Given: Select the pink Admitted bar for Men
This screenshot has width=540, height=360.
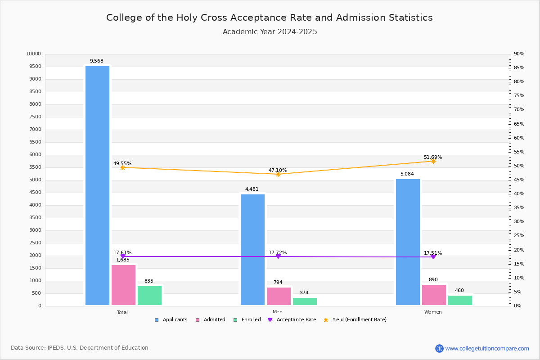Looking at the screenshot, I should tap(279, 296).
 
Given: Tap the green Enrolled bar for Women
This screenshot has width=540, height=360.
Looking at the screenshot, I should tap(460, 300).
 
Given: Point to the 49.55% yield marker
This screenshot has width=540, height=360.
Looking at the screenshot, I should tap(123, 167).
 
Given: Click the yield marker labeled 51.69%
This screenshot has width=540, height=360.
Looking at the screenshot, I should tap(433, 161).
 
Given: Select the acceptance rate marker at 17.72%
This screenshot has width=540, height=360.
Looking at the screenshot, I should tap(278, 256).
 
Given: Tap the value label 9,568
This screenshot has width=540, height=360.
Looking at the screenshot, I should tap(96, 61).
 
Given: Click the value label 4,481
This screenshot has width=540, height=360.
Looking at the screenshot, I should tap(252, 189).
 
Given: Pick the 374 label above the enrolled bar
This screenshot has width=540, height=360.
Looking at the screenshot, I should tap(304, 293).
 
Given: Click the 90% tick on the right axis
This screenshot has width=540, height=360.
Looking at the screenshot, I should tap(519, 54).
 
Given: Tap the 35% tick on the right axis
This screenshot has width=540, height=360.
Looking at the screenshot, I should tap(519, 208).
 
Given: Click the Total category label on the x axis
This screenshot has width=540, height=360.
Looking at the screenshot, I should tap(122, 312).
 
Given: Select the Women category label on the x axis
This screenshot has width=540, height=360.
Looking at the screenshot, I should tap(433, 312).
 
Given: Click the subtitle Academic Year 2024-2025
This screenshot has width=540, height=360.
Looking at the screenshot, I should tap(270, 32).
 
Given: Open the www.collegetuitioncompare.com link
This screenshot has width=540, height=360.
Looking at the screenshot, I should tap(487, 348).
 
